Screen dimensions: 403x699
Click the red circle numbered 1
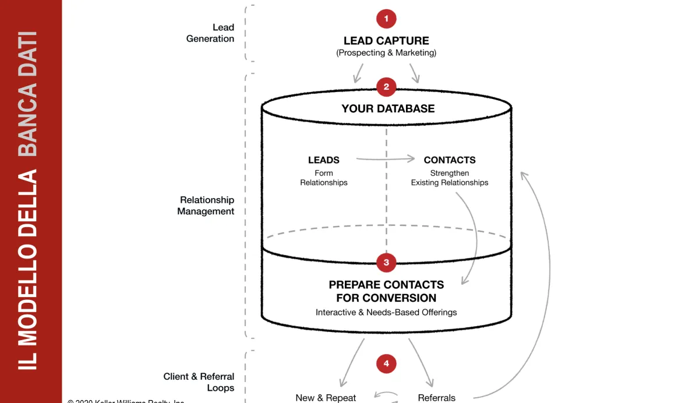(x=386, y=19)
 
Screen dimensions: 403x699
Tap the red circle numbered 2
(x=386, y=87)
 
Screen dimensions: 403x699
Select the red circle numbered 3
(x=386, y=263)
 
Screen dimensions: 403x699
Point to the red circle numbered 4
(x=386, y=365)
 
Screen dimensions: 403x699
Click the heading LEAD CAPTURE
(x=386, y=41)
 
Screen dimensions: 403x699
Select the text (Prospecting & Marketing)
(x=386, y=53)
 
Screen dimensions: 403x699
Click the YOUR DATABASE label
(x=388, y=109)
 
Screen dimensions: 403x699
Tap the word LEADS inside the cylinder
(x=324, y=160)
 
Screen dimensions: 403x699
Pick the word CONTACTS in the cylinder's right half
(x=450, y=160)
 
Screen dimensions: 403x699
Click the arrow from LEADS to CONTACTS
(x=386, y=158)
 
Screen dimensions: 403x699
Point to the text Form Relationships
(x=324, y=178)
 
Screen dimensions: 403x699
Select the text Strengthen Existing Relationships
(x=450, y=178)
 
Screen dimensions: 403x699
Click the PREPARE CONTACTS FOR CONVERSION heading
(x=386, y=291)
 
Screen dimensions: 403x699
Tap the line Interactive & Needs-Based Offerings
(x=386, y=313)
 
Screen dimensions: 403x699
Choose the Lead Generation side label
(x=210, y=33)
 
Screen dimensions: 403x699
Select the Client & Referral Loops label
(x=199, y=382)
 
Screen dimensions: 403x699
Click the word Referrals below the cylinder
(x=436, y=398)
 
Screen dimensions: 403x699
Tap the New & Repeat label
(x=326, y=398)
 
